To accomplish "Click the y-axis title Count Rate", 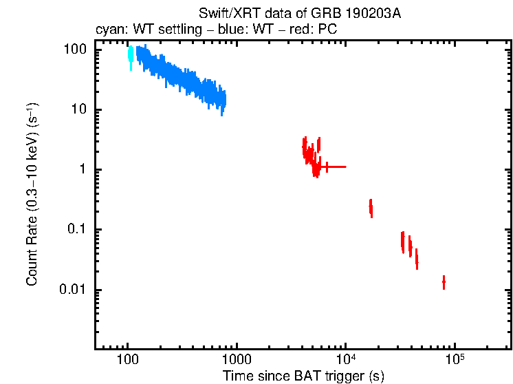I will [x=32, y=195].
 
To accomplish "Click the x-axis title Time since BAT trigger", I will [x=303, y=376].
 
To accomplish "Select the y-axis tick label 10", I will [x=79, y=110].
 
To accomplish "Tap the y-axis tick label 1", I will [x=83, y=170].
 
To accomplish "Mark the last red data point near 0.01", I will [x=444, y=282].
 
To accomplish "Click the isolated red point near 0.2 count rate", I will [x=371, y=207].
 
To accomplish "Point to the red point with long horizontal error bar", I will [x=327, y=167].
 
